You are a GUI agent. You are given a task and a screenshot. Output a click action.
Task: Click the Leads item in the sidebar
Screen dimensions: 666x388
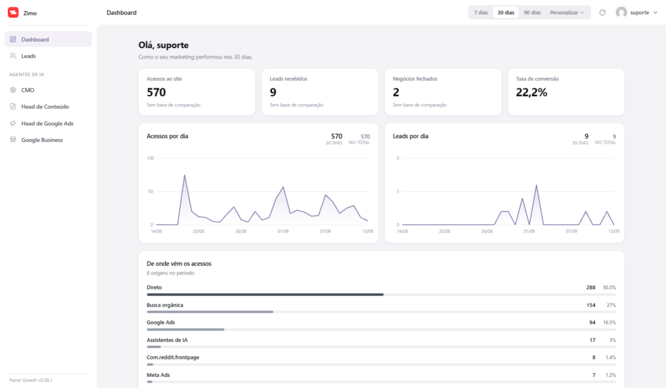point(29,56)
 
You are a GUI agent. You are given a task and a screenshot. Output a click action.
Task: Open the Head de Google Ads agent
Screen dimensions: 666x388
point(47,123)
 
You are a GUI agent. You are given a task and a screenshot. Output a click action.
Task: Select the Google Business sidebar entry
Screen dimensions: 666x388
point(42,140)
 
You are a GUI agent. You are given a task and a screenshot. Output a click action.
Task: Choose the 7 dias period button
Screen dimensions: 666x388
point(481,13)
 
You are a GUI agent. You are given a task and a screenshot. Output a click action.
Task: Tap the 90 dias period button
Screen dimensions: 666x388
point(532,13)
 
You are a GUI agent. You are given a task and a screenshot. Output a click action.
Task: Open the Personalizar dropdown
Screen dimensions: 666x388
point(566,13)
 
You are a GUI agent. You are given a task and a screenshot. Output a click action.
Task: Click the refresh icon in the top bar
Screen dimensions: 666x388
point(602,13)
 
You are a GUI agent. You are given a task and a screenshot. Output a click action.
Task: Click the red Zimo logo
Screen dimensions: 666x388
point(13,13)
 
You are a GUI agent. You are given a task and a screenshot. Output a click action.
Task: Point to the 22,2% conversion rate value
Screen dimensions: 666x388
point(531,92)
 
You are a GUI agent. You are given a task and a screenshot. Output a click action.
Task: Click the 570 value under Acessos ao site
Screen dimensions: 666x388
point(156,92)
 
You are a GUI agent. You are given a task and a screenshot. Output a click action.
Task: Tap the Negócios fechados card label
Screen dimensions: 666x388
point(414,79)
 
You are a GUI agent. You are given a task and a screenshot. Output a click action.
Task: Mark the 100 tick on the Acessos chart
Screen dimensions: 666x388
point(150,159)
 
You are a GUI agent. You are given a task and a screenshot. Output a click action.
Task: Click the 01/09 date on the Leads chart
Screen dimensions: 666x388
point(529,231)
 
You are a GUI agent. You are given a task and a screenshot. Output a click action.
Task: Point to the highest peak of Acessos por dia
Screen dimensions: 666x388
point(184,175)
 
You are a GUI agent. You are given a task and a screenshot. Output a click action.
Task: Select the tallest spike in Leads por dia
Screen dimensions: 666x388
point(537,185)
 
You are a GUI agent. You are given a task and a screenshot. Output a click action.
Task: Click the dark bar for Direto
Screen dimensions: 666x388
point(265,294)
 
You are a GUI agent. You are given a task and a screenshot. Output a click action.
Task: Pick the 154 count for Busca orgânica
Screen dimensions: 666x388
point(591,305)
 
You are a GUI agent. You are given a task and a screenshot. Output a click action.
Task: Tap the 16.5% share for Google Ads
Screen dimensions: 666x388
point(609,322)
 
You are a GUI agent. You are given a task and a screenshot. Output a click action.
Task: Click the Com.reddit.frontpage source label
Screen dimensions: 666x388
point(173,357)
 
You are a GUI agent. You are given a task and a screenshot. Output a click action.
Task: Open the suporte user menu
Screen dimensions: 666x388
point(637,13)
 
